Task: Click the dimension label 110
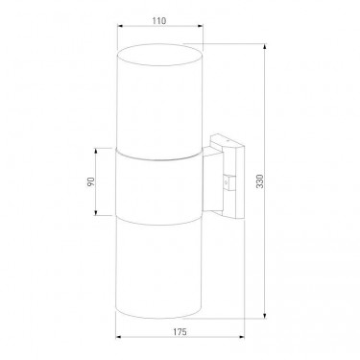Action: tap(159, 21)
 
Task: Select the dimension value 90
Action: tap(91, 181)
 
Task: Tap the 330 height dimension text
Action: tap(260, 181)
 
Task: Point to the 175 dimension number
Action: tap(180, 332)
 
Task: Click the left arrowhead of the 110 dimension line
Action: tap(120, 26)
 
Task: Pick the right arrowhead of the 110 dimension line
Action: tap(201, 26)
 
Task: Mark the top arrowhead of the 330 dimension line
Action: tap(265, 46)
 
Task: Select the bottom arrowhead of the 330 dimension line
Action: tap(265, 316)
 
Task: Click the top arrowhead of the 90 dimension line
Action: tap(96, 151)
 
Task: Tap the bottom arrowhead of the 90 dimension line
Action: tap(96, 212)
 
